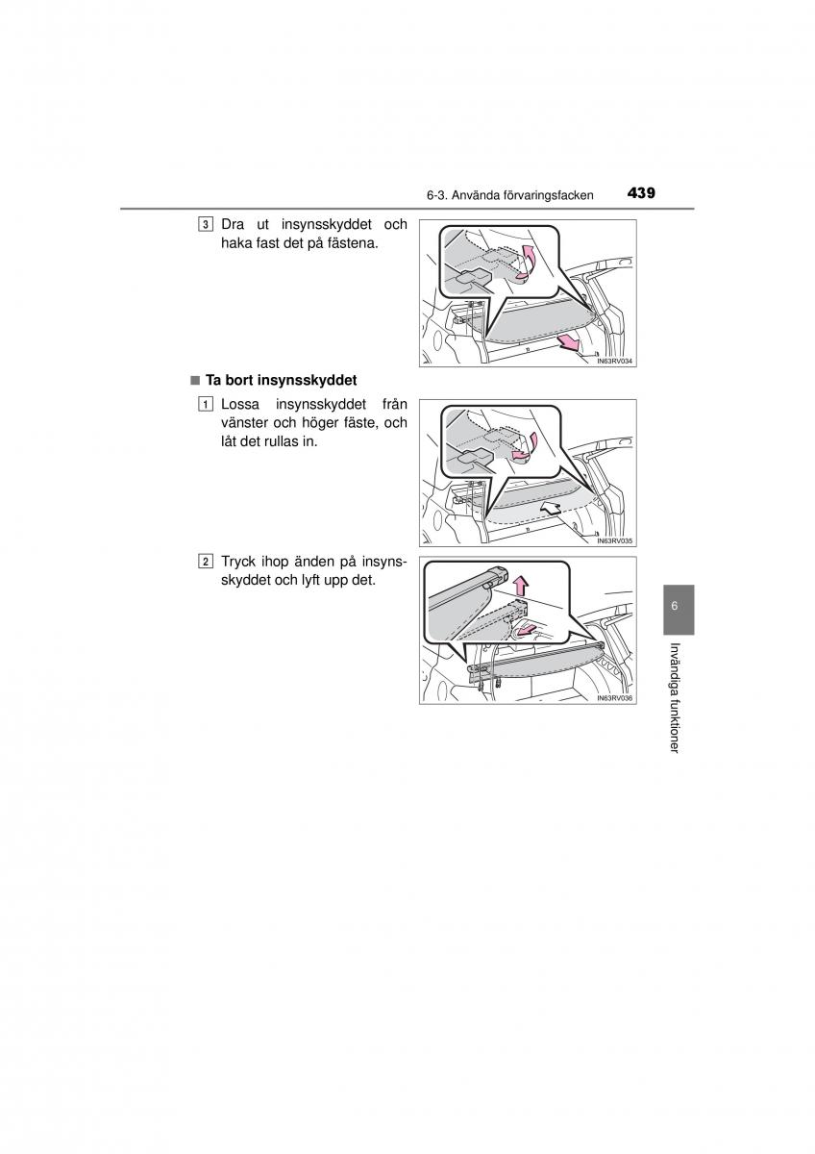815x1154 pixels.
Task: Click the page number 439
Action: (641, 193)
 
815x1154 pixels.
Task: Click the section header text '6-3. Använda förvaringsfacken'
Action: (509, 196)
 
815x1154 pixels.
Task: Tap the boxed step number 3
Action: (205, 225)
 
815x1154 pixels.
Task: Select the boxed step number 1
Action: (205, 405)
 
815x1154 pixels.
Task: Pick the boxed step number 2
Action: (205, 562)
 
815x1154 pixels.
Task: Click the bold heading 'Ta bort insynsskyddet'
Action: (281, 380)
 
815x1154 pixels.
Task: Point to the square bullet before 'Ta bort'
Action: (194, 381)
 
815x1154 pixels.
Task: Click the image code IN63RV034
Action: (614, 362)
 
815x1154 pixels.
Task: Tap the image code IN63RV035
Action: (614, 540)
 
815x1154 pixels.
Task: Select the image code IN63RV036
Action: (614, 698)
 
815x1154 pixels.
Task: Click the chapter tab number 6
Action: (675, 606)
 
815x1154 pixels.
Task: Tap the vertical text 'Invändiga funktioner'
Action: (675, 698)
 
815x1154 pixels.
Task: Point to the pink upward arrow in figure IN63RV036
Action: (522, 587)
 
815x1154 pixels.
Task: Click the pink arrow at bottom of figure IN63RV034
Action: (568, 341)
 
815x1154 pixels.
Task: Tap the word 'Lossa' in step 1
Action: (240, 405)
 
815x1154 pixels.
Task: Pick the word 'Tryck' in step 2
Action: (239, 562)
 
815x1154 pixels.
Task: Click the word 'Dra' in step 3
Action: (233, 225)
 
